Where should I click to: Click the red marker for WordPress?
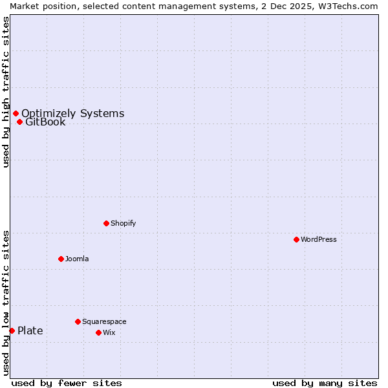click(296, 239)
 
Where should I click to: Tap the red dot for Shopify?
click(106, 223)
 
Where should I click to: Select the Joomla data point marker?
click(61, 259)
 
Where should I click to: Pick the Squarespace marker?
click(78, 321)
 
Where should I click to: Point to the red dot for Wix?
click(98, 332)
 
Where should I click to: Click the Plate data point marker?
click(12, 330)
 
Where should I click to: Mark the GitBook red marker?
click(19, 122)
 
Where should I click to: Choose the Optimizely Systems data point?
click(16, 113)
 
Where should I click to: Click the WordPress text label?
click(319, 239)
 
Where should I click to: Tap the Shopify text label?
click(123, 223)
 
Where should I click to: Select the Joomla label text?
click(77, 259)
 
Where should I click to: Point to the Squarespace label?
click(104, 321)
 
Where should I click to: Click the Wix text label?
click(109, 332)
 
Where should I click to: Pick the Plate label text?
click(30, 331)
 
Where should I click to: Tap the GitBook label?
click(45, 122)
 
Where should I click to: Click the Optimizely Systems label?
click(72, 114)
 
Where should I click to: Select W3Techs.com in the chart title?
click(351, 6)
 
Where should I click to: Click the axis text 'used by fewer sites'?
click(67, 383)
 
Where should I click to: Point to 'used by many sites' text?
click(325, 383)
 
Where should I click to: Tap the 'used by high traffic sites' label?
click(6, 92)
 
